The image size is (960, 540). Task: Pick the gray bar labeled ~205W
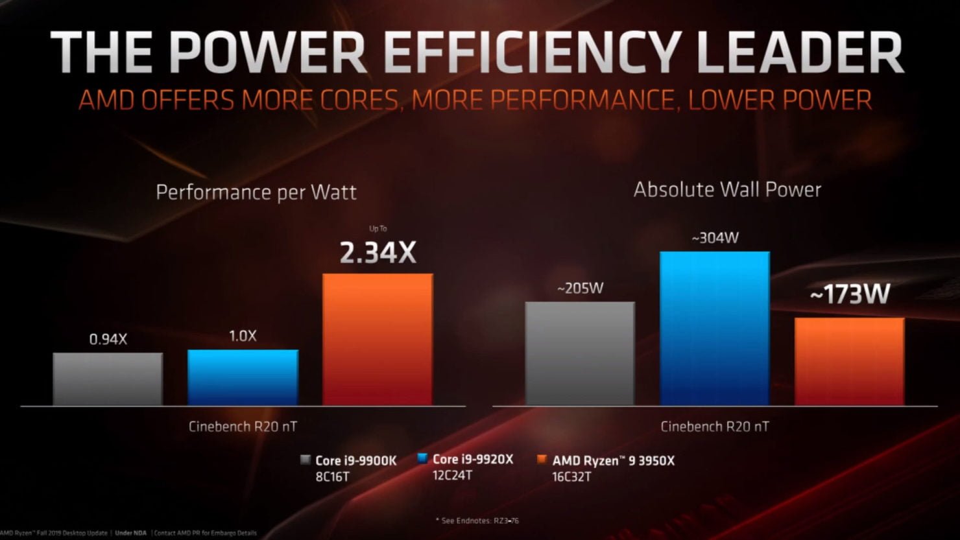[x=580, y=353]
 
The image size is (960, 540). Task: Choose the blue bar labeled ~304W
[x=715, y=328]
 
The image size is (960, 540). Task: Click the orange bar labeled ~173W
[x=849, y=361]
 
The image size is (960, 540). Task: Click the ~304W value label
[x=715, y=238]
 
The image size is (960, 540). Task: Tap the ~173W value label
[x=849, y=295]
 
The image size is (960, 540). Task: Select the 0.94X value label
[x=108, y=338]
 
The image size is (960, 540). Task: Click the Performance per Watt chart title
[x=256, y=193]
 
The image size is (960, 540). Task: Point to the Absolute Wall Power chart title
[x=727, y=189]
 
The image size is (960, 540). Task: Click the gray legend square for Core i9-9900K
[x=305, y=460]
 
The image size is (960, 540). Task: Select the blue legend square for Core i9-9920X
[x=422, y=458]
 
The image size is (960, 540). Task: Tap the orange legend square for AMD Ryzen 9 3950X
[x=542, y=460]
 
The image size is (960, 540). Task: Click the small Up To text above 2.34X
[x=378, y=228]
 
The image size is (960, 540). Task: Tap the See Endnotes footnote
[x=477, y=520]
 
